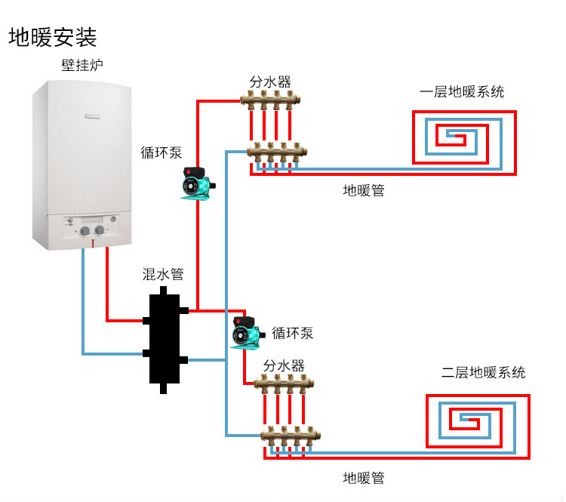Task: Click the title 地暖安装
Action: point(53,37)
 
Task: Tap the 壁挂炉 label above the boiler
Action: point(82,66)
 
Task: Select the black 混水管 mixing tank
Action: point(163,336)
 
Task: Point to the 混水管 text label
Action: point(163,274)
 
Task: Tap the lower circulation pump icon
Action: point(247,332)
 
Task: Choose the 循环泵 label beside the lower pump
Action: point(293,333)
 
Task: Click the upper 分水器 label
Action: point(270,81)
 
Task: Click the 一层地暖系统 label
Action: point(462,92)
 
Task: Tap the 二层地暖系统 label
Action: point(483,372)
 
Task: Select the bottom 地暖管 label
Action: point(364,477)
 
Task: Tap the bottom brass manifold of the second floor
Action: point(285,436)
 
